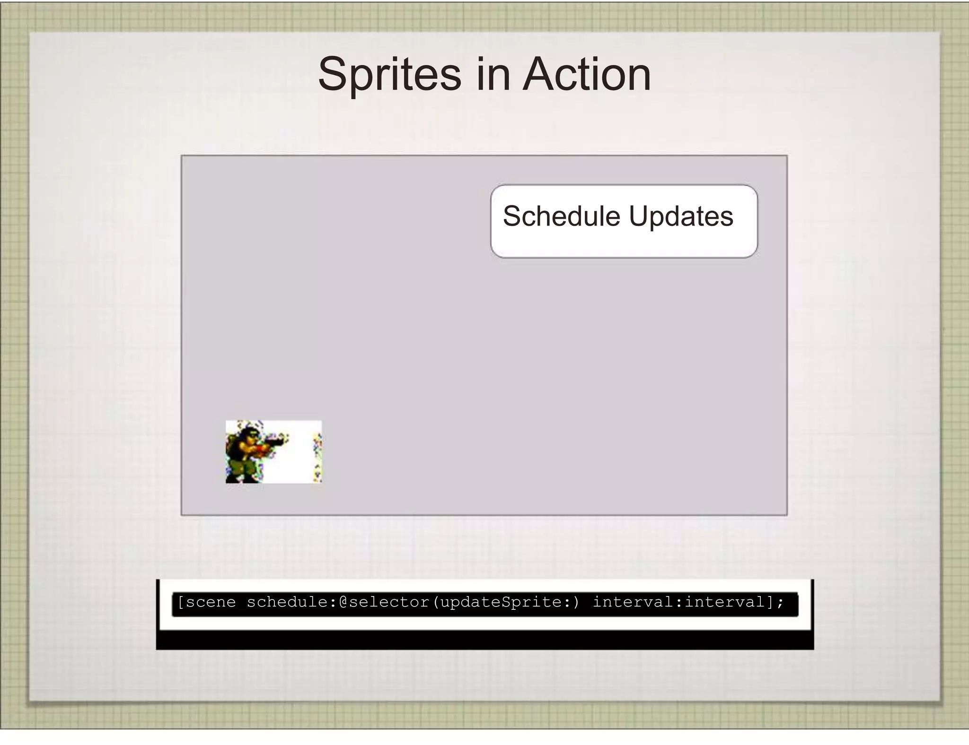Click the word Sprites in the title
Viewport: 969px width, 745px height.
[x=389, y=75]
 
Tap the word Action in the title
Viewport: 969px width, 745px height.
[x=587, y=75]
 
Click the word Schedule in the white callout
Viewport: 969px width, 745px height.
[x=561, y=217]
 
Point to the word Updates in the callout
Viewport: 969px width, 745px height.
[x=681, y=217]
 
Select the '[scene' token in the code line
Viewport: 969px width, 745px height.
[x=206, y=602]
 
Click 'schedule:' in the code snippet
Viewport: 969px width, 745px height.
[x=291, y=602]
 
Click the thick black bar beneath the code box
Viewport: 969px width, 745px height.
[x=484, y=640]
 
